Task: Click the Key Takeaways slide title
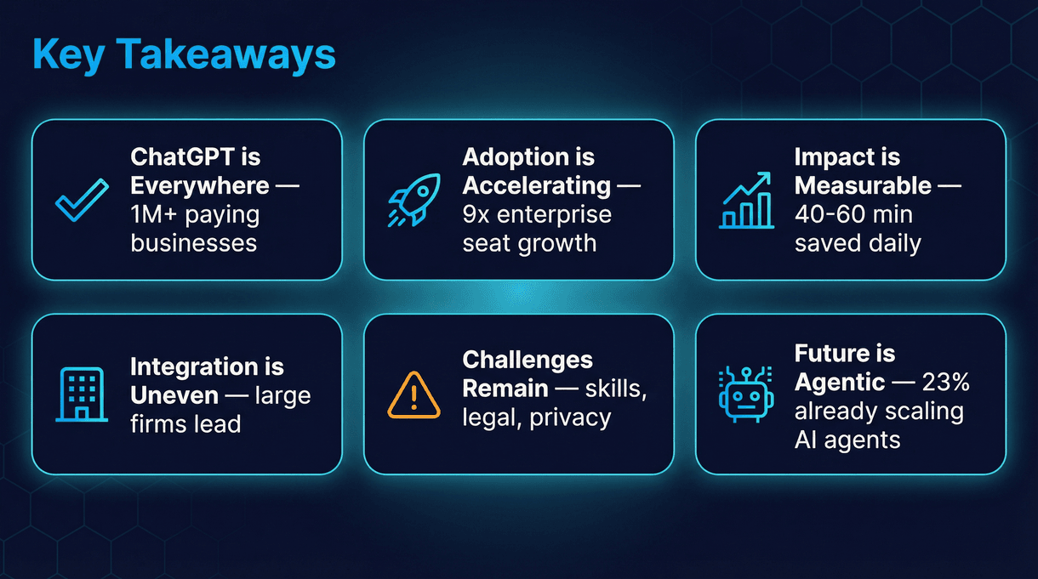[x=184, y=54]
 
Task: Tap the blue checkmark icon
[x=82, y=200]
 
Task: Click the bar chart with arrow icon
[x=745, y=201]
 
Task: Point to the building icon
[x=82, y=395]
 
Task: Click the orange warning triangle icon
[x=413, y=395]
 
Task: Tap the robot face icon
[x=744, y=395]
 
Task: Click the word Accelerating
[x=536, y=185]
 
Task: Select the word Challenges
[x=528, y=360]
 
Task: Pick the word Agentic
[x=838, y=383]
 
